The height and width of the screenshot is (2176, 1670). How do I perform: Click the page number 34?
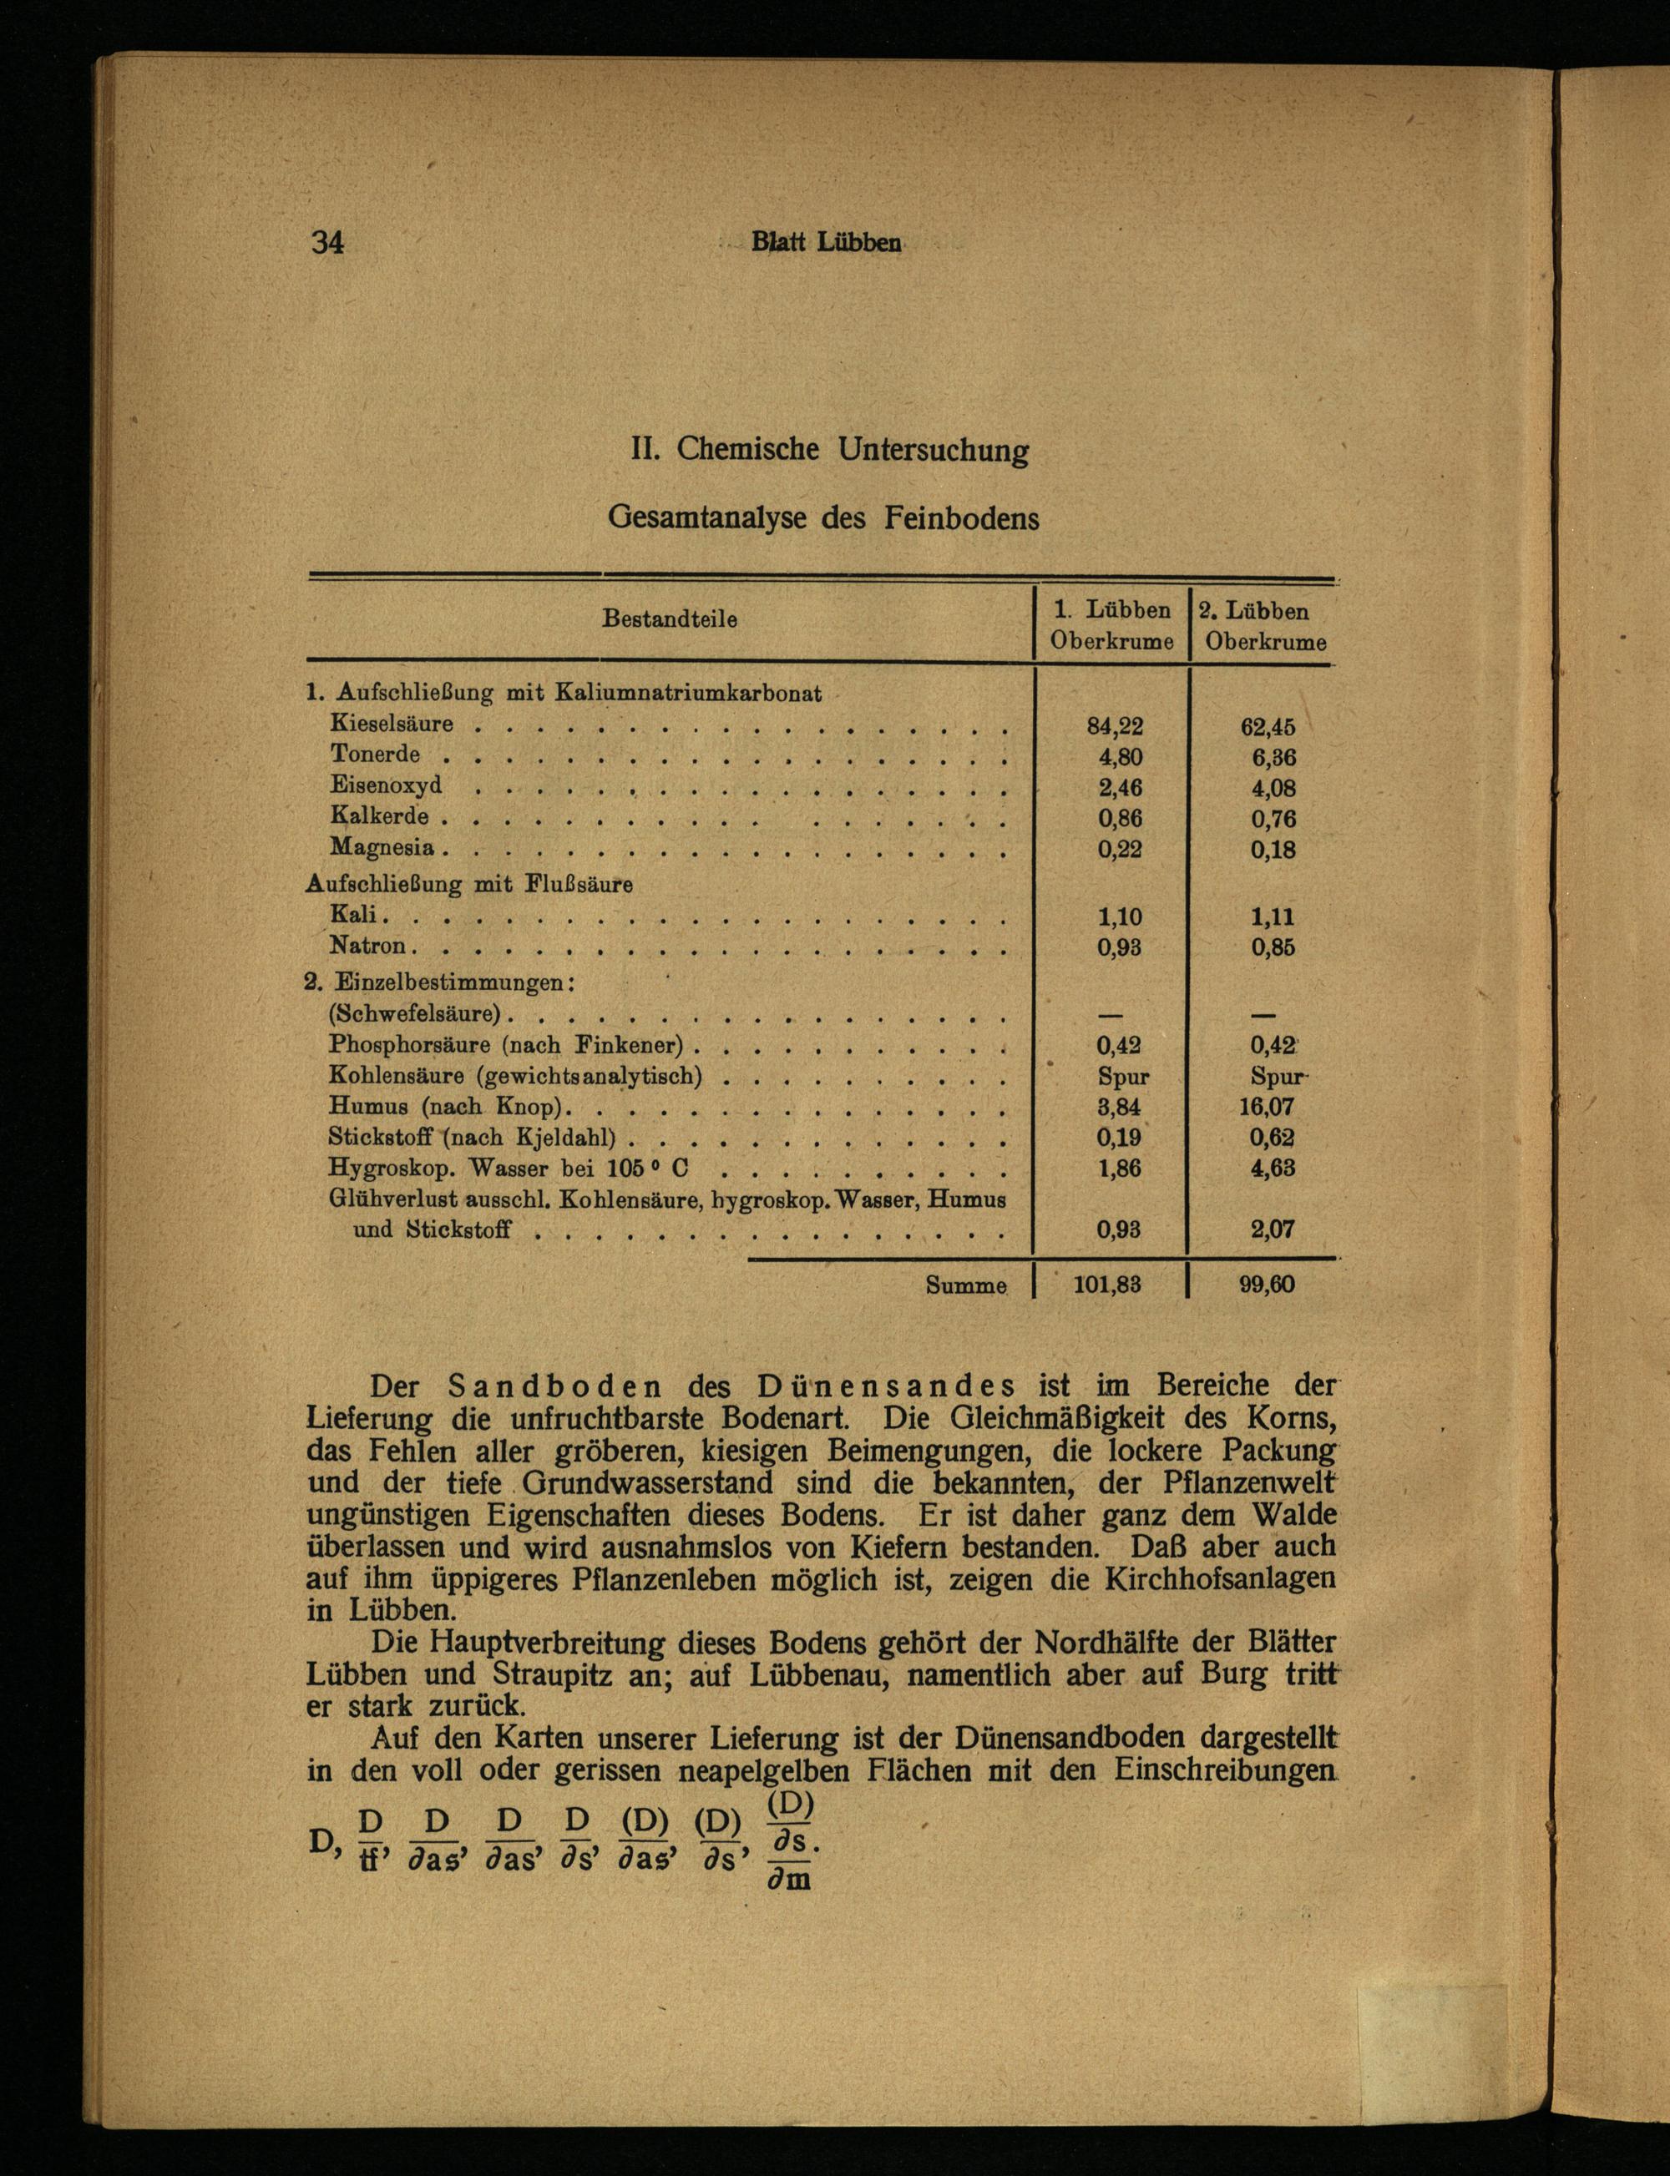coord(328,242)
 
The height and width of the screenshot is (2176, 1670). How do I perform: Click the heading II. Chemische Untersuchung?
coord(830,450)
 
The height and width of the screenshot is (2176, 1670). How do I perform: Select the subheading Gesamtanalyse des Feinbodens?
coord(823,518)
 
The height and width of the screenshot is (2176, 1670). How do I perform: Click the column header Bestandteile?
coord(670,620)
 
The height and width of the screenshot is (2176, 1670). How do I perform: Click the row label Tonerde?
coord(375,755)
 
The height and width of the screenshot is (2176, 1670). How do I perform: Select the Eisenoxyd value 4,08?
coord(1273,788)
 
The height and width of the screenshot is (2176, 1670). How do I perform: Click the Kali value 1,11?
coord(1273,917)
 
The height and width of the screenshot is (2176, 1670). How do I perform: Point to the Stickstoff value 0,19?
coord(1119,1138)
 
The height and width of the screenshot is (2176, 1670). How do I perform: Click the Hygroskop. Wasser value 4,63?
coord(1273,1168)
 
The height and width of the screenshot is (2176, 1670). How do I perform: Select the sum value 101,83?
coord(1107,1285)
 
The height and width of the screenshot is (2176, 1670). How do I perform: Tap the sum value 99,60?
coord(1268,1285)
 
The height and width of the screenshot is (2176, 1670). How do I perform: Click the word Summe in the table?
coord(965,1285)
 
